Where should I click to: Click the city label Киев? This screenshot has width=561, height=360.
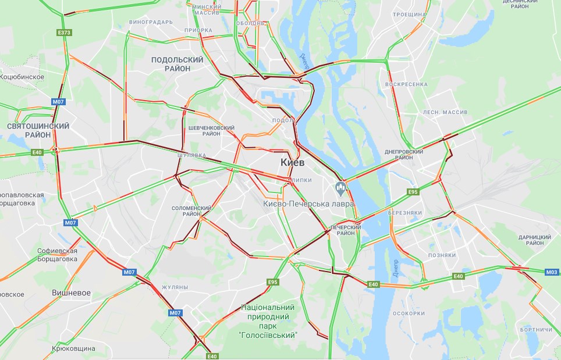pyautogui.click(x=292, y=162)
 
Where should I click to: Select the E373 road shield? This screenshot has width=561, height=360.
pyautogui.click(x=64, y=33)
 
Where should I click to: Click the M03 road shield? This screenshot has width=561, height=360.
pyautogui.click(x=552, y=272)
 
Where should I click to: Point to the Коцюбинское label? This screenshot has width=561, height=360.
pyautogui.click(x=22, y=76)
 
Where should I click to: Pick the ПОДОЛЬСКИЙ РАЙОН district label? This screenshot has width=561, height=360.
pyautogui.click(x=177, y=64)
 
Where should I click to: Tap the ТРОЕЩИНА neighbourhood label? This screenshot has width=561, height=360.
pyautogui.click(x=409, y=13)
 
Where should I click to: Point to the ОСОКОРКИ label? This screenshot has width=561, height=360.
pyautogui.click(x=409, y=313)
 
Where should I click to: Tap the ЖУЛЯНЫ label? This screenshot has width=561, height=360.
pyautogui.click(x=175, y=287)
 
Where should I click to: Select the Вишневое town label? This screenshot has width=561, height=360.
pyautogui.click(x=71, y=293)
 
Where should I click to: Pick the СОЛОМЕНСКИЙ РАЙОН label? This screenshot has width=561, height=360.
pyautogui.click(x=191, y=211)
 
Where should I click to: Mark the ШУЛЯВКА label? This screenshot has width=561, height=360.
pyautogui.click(x=192, y=155)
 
